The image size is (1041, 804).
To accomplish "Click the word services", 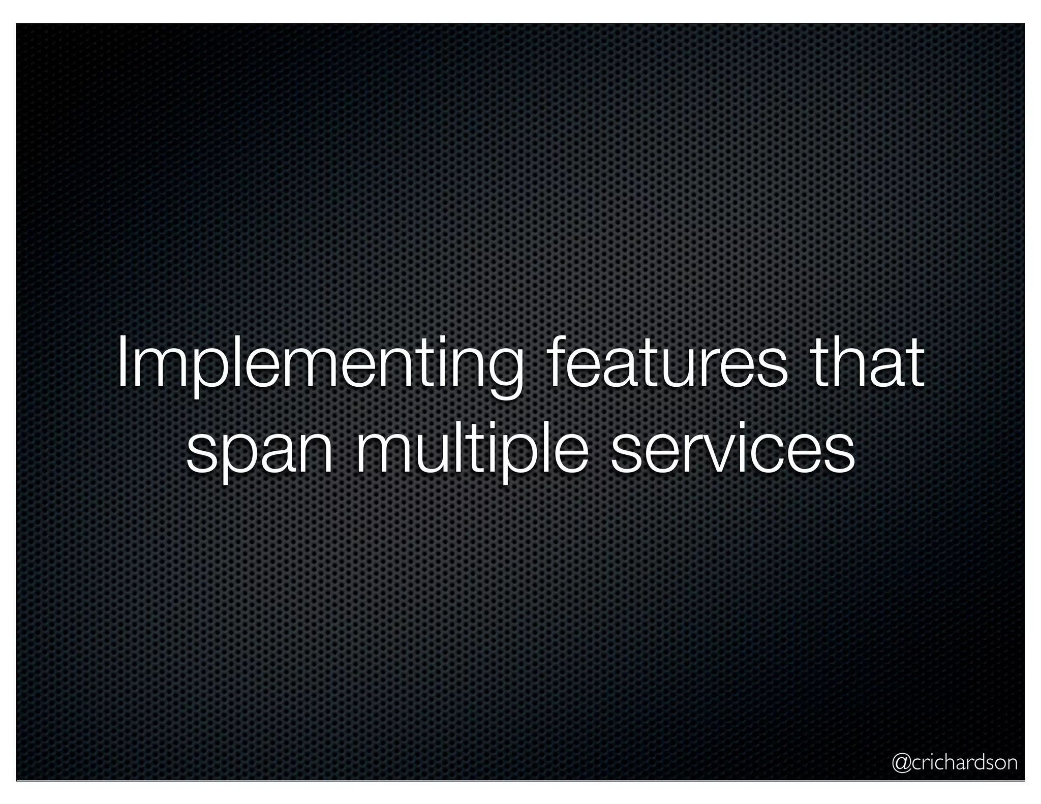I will [x=732, y=447].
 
